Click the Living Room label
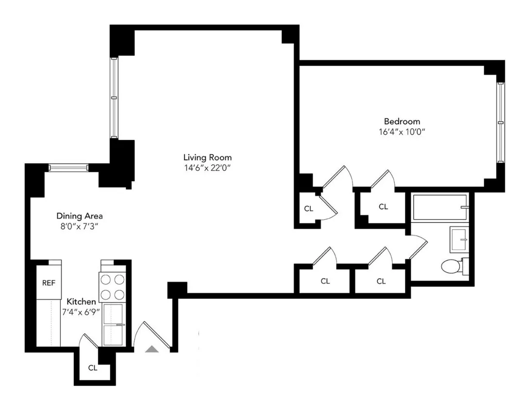coord(207,157)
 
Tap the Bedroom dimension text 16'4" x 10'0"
coord(402,132)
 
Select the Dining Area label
coord(80,216)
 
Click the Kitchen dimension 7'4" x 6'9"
coord(81,312)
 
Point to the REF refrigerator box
coord(49,283)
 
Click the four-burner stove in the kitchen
coord(112,287)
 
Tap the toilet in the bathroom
coord(452,266)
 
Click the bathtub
coord(440,207)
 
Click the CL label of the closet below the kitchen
coord(92,368)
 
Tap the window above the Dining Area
coord(69,168)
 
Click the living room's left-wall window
coord(114,98)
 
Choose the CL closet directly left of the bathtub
coord(383,207)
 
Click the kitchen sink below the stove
coord(114,323)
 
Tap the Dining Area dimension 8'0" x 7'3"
coord(80,226)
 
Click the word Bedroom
coord(402,121)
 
